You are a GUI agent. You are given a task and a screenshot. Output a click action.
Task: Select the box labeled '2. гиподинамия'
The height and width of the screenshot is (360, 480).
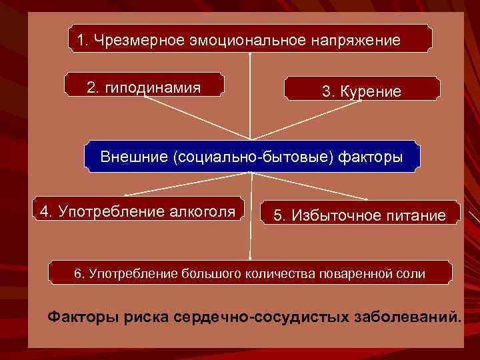coord(144,87)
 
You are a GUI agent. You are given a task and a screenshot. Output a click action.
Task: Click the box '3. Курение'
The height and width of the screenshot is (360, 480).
coord(361,91)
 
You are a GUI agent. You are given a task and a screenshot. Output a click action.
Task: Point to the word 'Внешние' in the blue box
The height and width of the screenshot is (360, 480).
coord(134,157)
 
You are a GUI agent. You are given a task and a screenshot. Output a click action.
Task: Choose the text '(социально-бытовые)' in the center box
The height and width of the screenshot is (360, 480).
coord(253,157)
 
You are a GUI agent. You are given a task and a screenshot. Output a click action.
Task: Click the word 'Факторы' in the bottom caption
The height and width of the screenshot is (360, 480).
coord(84,316)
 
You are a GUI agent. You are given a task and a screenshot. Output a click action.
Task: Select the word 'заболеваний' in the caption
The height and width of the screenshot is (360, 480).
coord(405,316)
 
